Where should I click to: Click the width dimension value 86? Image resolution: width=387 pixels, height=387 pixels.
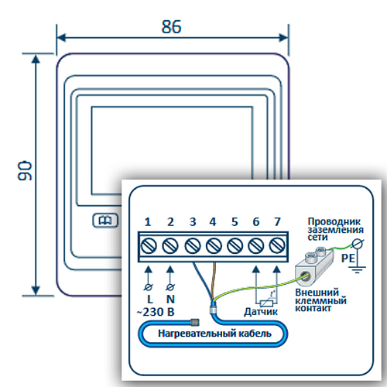point(172,26)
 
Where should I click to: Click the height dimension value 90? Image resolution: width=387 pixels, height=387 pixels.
point(25,171)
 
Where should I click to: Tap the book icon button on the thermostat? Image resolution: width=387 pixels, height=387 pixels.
point(105,221)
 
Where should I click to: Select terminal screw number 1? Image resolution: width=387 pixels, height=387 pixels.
point(149,245)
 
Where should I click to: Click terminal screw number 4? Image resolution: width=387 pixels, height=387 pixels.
point(214,245)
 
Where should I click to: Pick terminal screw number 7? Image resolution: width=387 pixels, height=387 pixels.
point(277,245)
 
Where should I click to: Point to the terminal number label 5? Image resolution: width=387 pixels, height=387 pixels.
point(235,222)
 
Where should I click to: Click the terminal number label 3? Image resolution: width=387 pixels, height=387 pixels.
point(193,222)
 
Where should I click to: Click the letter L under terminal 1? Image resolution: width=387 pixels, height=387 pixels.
point(150,300)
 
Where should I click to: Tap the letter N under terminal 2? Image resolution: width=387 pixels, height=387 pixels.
point(170,300)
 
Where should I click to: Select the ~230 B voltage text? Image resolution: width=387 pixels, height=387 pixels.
point(156,312)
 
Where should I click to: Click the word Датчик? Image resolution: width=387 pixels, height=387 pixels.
point(261,312)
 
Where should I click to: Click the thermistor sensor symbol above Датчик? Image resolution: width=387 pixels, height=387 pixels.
point(267,303)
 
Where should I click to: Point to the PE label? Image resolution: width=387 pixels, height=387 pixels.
point(348,258)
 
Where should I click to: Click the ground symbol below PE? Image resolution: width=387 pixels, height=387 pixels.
point(358,269)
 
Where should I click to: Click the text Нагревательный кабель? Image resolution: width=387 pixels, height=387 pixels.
point(214,334)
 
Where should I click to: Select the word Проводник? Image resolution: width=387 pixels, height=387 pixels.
point(334,222)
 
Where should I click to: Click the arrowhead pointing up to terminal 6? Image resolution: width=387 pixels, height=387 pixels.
point(256,269)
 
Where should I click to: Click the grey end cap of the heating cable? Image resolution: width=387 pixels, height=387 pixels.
point(195,322)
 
